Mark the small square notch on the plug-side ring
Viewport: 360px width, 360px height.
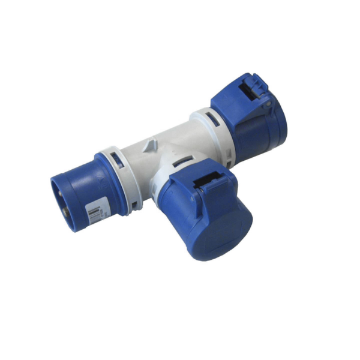[x=133, y=205]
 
